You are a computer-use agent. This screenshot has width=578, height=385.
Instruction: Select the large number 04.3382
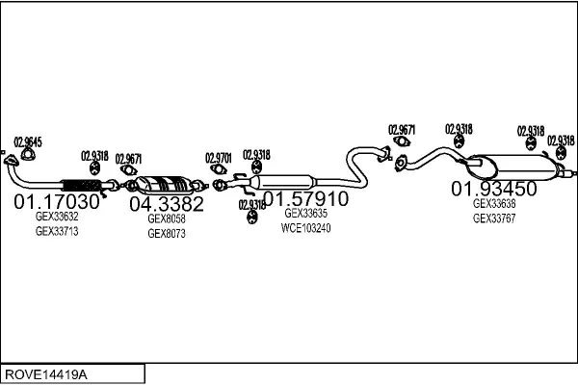tap(167, 204)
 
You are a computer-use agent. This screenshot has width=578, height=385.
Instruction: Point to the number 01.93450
tap(494, 189)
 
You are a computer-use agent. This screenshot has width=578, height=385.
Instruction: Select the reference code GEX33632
tap(57, 218)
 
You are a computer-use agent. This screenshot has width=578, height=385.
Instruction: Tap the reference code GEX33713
tap(57, 232)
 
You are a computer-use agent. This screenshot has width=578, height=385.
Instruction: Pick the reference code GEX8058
tap(167, 218)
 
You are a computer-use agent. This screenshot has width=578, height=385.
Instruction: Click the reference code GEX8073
tap(167, 234)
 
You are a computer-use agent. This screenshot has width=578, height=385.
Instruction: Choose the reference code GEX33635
tap(306, 214)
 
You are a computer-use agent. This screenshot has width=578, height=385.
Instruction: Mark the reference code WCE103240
tap(306, 228)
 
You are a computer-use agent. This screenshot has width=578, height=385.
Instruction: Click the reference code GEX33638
tap(494, 203)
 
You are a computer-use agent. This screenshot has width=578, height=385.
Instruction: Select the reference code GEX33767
tap(494, 218)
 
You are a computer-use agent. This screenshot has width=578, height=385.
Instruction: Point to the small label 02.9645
tap(27, 142)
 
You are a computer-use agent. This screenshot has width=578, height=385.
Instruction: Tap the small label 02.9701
tap(219, 157)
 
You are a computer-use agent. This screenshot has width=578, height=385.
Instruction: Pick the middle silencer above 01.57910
tap(288, 180)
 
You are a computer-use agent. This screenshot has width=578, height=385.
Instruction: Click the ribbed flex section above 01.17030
tap(81, 184)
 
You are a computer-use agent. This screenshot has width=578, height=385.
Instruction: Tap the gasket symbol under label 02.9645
tap(26, 157)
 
